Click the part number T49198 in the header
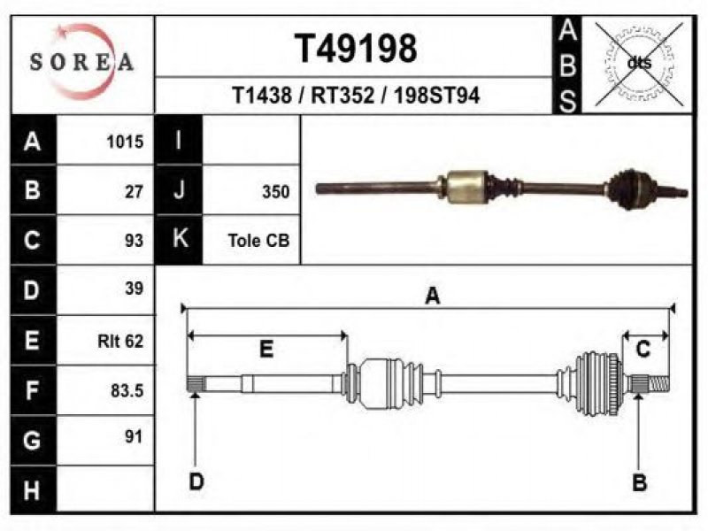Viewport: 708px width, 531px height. (356, 49)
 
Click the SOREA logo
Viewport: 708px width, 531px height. (81, 62)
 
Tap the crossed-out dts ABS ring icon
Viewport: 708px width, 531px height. (639, 64)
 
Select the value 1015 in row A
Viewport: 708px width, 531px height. (125, 142)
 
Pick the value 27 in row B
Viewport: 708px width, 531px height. (135, 191)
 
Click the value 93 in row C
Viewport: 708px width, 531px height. (135, 240)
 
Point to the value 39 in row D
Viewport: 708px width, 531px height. (135, 289)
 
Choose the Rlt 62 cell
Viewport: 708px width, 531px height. (120, 341)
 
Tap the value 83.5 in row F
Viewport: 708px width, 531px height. (127, 390)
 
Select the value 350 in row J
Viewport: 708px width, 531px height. (276, 191)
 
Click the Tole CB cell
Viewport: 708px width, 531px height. (258, 240)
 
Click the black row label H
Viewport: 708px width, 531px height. (33, 490)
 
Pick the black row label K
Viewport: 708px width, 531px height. (180, 238)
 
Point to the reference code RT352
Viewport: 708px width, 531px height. (342, 96)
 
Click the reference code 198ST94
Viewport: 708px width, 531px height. (436, 96)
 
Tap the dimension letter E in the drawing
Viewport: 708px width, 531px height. (266, 350)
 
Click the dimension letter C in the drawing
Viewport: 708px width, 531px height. (643, 350)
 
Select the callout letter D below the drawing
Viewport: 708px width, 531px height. (196, 481)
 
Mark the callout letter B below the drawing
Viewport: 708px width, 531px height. (639, 482)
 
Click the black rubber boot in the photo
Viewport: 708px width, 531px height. (627, 189)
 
